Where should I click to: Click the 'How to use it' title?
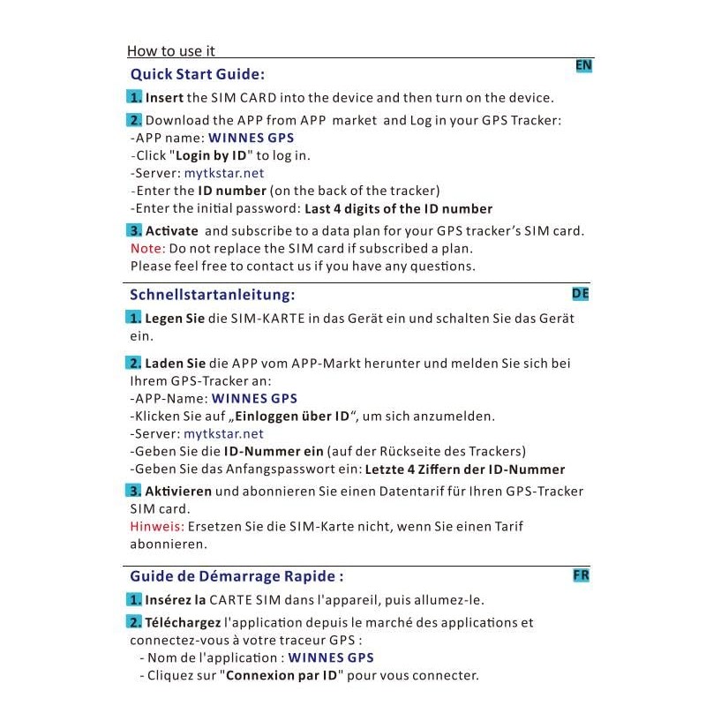pos(171,51)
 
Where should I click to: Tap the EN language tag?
pos(583,65)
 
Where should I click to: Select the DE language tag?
pos(580,293)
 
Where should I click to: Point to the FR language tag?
pos(581,575)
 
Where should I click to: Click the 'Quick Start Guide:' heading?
pos(197,74)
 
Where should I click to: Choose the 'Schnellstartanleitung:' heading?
pos(212,294)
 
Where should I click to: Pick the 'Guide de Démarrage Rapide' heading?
pos(236,576)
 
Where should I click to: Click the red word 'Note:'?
pos(147,248)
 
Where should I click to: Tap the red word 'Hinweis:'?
pos(157,526)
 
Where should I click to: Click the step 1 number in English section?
pos(134,97)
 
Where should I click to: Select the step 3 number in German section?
pos(134,491)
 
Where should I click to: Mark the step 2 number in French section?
pos(134,622)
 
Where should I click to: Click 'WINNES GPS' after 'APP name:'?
pos(251,138)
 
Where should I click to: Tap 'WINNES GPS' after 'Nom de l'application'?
pos(331,657)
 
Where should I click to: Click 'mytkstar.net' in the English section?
pos(223,173)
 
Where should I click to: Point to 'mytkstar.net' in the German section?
pos(223,433)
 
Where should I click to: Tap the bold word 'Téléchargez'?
pos(183,622)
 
